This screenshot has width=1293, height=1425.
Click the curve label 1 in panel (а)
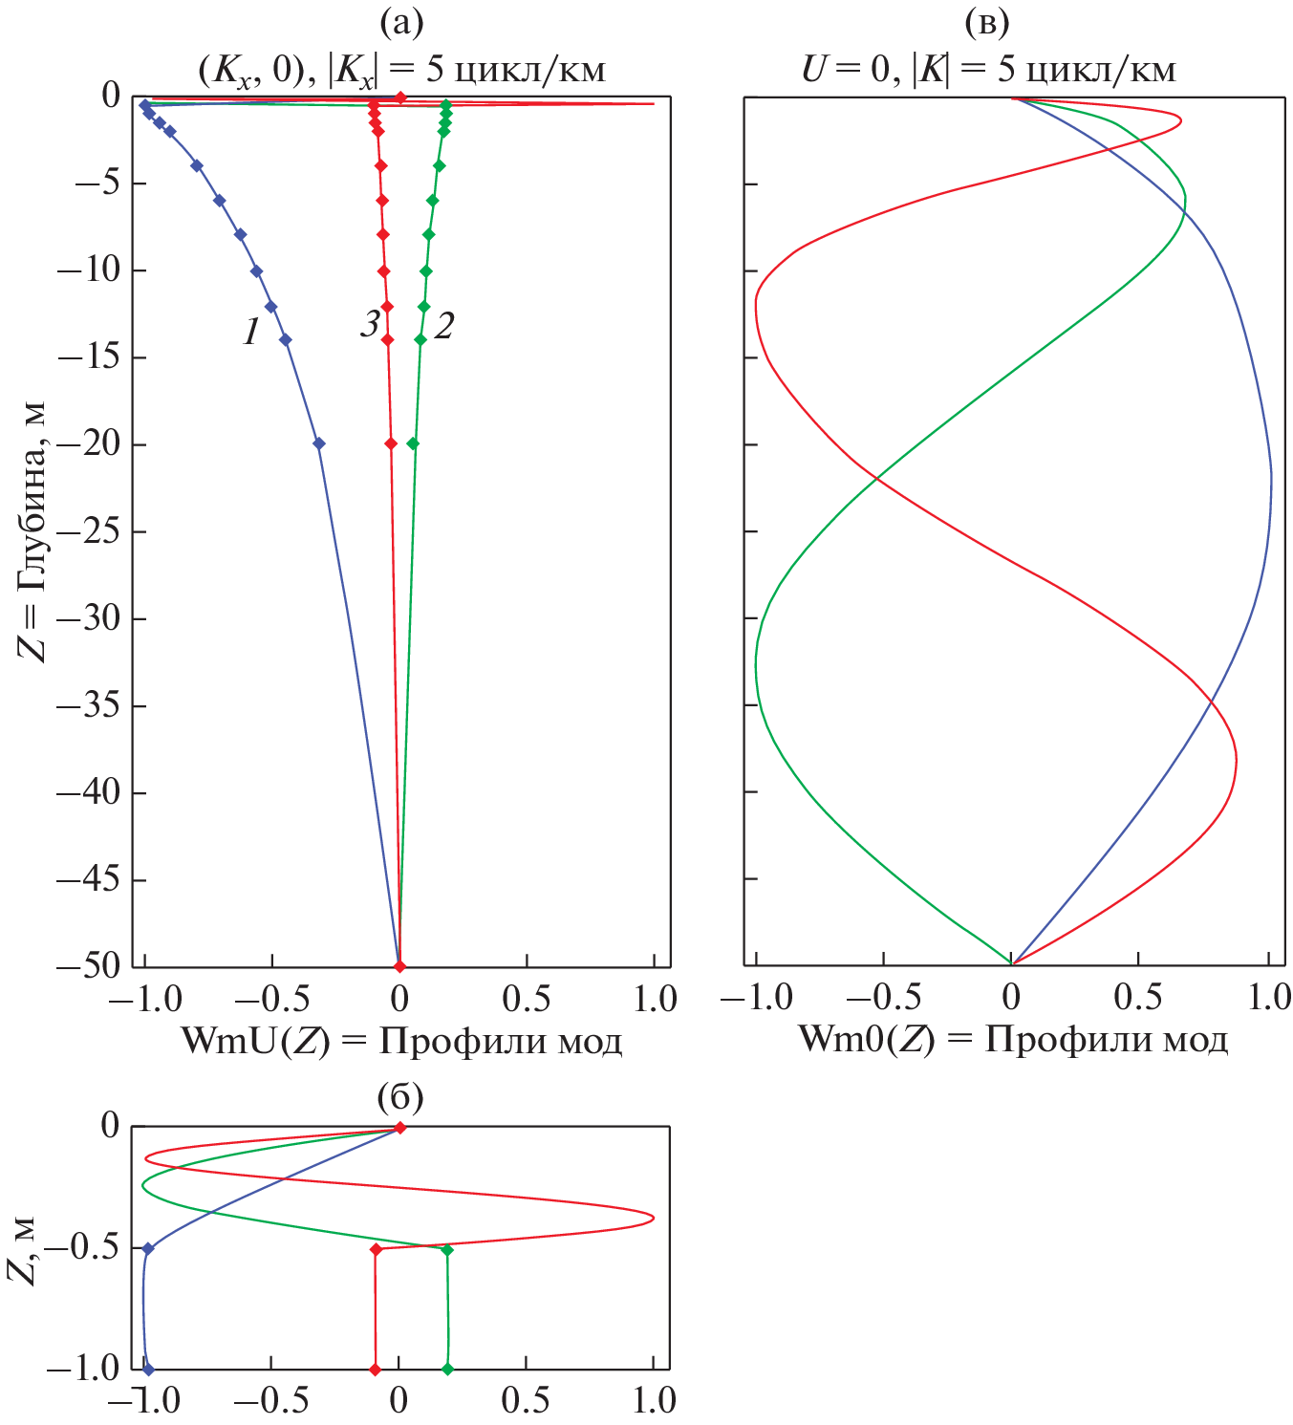[251, 331]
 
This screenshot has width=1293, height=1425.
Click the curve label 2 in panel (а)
[443, 326]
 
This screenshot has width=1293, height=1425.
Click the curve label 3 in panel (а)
[370, 325]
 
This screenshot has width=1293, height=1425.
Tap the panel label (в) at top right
[987, 22]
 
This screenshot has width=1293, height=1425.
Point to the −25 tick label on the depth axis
[88, 531]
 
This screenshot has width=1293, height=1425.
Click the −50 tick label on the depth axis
[88, 966]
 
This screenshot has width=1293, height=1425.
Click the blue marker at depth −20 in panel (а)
[319, 443]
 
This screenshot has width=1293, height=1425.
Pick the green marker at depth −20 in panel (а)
[413, 443]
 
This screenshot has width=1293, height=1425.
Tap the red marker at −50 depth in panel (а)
[400, 966]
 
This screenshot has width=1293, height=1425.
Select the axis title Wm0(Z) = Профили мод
[1012, 1039]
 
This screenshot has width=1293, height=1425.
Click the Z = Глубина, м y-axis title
[32, 531]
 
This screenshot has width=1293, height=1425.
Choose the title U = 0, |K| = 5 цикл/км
[987, 69]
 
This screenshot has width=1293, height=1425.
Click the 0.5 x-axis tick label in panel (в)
[1139, 998]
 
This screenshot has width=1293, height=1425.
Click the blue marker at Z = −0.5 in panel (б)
[148, 1248]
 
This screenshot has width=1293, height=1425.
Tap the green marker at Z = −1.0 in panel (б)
[446, 1370]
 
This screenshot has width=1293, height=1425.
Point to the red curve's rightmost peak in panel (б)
[653, 1218]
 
